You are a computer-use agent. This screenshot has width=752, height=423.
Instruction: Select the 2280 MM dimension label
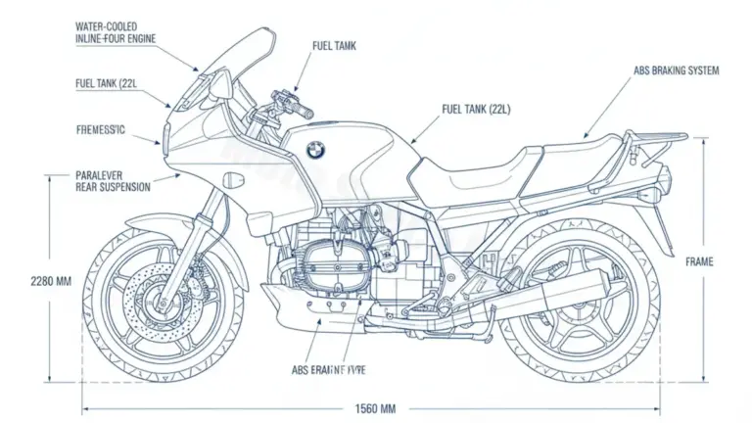point(51,281)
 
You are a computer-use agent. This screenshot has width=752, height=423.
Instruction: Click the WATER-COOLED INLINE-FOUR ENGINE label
point(116,30)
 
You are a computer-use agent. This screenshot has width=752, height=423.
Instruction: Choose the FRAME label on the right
point(699,261)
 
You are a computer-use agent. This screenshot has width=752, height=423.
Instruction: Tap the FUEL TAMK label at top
point(335,45)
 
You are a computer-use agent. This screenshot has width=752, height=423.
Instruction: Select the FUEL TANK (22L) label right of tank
point(476,109)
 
